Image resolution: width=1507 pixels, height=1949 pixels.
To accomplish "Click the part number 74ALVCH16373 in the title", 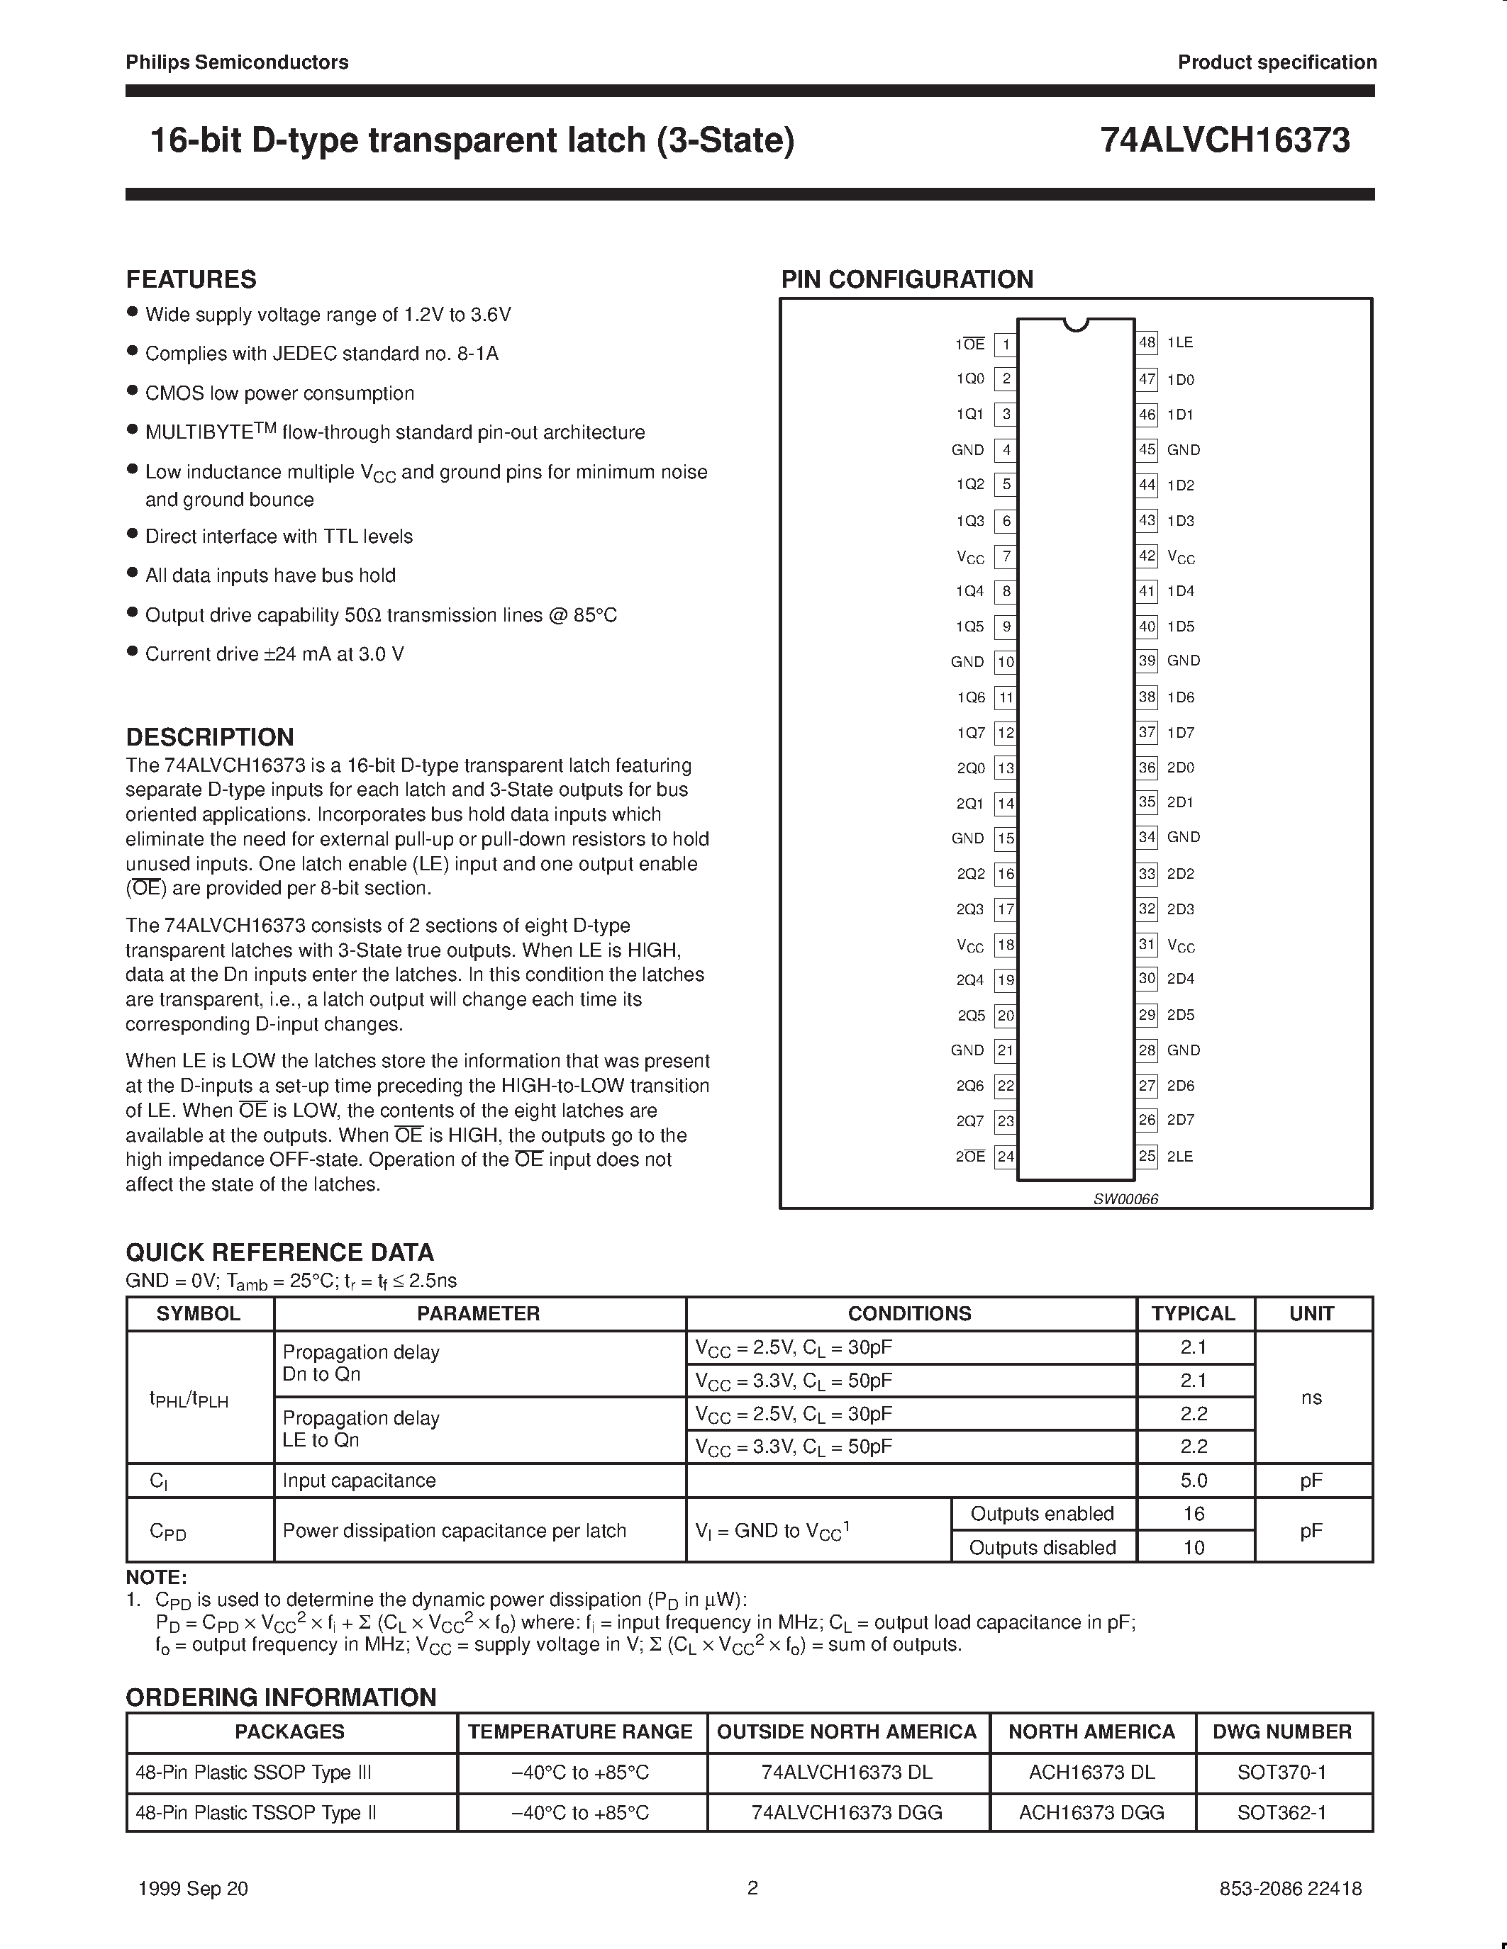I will click(x=1224, y=141).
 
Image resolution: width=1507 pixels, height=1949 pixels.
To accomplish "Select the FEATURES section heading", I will click(x=191, y=279).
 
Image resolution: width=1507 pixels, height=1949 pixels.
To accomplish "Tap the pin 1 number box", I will click(x=1006, y=344).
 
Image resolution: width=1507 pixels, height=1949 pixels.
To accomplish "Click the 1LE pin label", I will click(x=1179, y=343).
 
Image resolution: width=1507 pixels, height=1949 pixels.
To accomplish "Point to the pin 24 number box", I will click(x=1006, y=1157).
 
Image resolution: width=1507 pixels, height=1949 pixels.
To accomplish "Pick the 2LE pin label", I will click(x=1179, y=1157).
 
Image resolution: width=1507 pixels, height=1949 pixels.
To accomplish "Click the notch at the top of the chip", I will click(x=1077, y=324).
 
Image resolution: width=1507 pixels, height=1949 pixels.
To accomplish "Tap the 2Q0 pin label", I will click(x=969, y=768).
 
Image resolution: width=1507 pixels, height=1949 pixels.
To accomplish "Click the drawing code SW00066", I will click(x=1125, y=1199).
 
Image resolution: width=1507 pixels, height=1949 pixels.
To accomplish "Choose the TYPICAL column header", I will click(x=1193, y=1313).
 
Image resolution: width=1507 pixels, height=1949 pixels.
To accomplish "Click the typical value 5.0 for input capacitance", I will click(x=1194, y=1481).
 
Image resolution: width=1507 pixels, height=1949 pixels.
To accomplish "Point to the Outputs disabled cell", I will click(x=1042, y=1547).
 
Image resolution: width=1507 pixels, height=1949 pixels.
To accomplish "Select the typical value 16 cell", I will click(x=1194, y=1514).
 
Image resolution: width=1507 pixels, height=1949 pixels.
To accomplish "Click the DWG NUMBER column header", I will click(x=1282, y=1731).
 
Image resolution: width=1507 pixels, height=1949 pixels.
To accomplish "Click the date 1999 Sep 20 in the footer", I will click(x=194, y=1888).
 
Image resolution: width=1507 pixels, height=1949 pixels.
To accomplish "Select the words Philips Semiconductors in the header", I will click(x=237, y=62).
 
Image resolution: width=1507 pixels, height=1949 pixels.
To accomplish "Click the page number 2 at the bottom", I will click(x=752, y=1887).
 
